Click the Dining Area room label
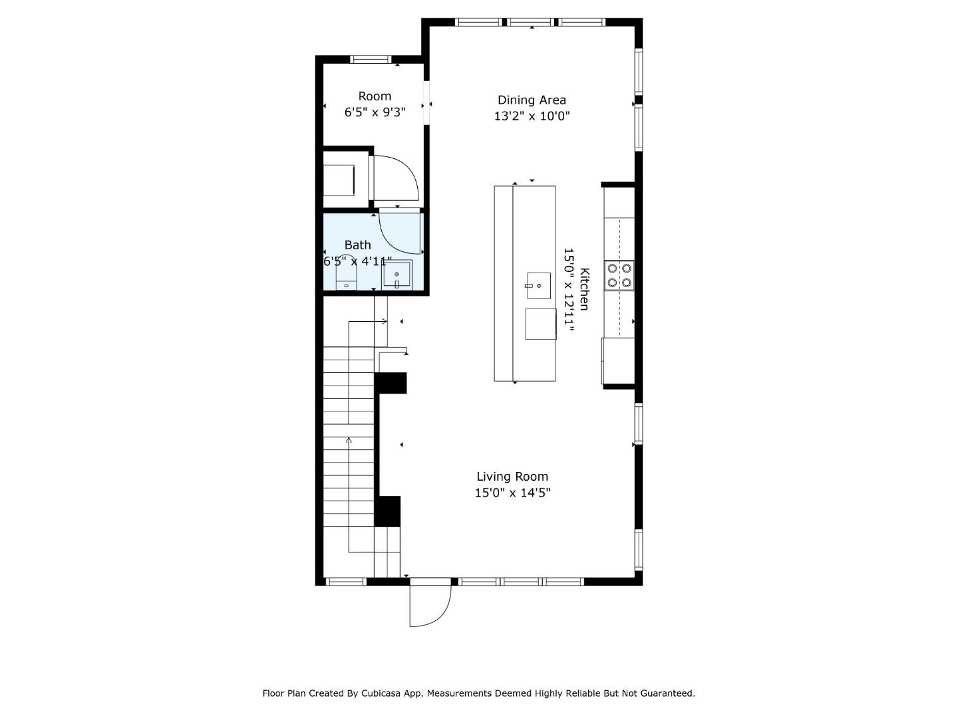(532, 100)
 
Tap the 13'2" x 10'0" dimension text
(532, 116)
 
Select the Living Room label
(512, 476)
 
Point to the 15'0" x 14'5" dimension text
(512, 493)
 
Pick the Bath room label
(357, 245)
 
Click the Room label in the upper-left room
(375, 96)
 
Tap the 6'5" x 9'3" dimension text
(375, 112)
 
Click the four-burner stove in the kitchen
(619, 275)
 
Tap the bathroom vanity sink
(397, 275)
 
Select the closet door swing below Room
(395, 178)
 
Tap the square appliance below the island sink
(540, 324)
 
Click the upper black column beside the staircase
(391, 383)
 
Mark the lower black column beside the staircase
(388, 511)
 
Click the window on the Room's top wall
(371, 59)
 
